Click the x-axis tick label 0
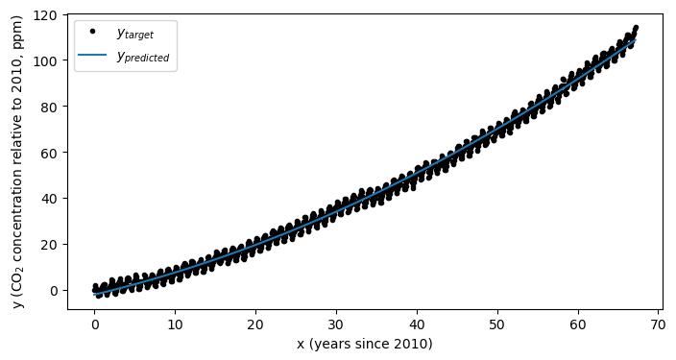coord(94,324)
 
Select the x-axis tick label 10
coord(175,324)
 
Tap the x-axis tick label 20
coord(255,324)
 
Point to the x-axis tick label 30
coord(336,324)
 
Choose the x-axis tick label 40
coord(417,324)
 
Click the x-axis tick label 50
coord(497,324)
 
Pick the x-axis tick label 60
coord(578,324)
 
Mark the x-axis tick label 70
coord(659,324)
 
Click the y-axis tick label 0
coord(55,290)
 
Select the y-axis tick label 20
coord(51,244)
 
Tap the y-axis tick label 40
coord(51,198)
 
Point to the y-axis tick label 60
coord(51,152)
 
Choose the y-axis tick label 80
coord(51,106)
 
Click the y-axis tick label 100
coord(48,60)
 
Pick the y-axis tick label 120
coord(48,14)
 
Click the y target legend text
coord(134,34)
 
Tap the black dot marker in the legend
coord(92,32)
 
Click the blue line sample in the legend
coord(92,55)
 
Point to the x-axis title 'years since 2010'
coord(364,344)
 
